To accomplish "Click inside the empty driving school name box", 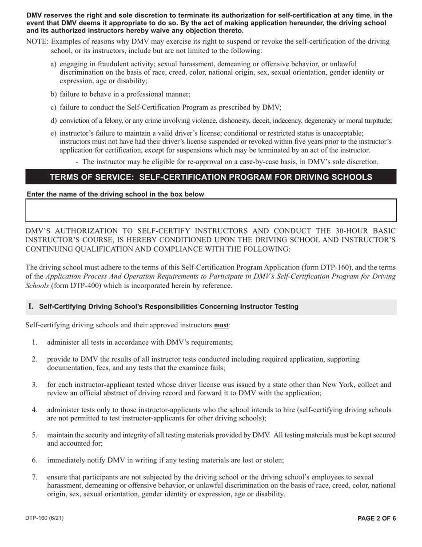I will tap(211, 210).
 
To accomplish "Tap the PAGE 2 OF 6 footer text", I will tap(377, 518).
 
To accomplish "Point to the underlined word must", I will tap(221, 326).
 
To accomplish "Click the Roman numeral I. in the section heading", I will tap(31, 306).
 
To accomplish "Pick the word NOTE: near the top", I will tap(37, 42).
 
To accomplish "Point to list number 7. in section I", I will tap(34, 477).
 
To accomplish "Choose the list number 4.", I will tap(34, 410).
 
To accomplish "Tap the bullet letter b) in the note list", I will tap(54, 94).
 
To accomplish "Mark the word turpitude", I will tap(377, 121).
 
